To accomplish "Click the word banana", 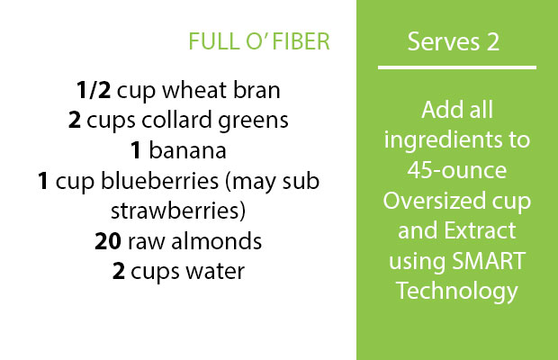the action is click(187, 150).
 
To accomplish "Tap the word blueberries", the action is click(160, 180).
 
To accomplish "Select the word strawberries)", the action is click(178, 211).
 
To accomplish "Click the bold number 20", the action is click(108, 241).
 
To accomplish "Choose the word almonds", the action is click(217, 241).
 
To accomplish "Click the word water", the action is click(215, 272).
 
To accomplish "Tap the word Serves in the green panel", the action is click(443, 42).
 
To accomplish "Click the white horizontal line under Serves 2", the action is click(457, 67).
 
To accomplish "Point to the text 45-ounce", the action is click(457, 170).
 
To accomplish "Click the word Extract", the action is click(480, 230).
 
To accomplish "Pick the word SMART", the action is click(489, 261).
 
